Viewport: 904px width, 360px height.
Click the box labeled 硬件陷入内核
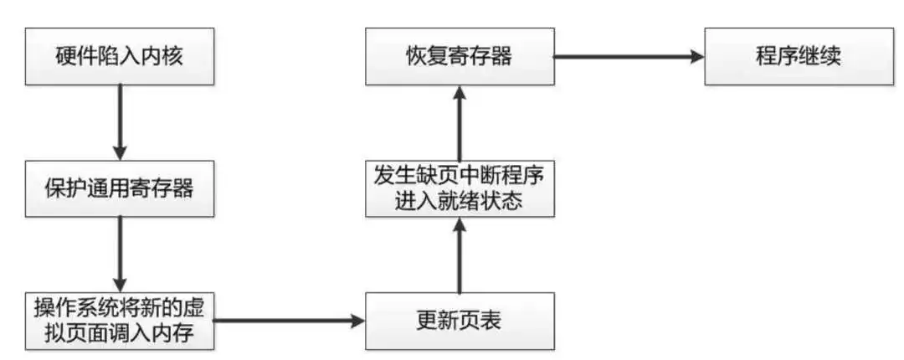click(120, 56)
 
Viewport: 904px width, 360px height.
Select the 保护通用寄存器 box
click(120, 188)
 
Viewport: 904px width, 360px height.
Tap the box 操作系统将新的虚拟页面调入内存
click(120, 321)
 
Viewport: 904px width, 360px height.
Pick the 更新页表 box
click(460, 321)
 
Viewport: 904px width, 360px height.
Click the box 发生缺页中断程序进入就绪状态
click(460, 188)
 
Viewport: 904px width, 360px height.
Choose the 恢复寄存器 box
click(460, 56)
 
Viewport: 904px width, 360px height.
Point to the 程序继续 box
click(799, 56)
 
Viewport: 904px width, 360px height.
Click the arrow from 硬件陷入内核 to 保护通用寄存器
click(120, 122)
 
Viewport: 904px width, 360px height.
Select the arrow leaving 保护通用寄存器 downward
click(120, 255)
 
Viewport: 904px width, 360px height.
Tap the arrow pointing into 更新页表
click(290, 321)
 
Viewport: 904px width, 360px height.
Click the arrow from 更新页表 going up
click(460, 255)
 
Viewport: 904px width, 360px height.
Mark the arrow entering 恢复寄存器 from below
click(460, 122)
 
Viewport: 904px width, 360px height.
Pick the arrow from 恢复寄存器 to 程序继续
click(629, 57)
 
